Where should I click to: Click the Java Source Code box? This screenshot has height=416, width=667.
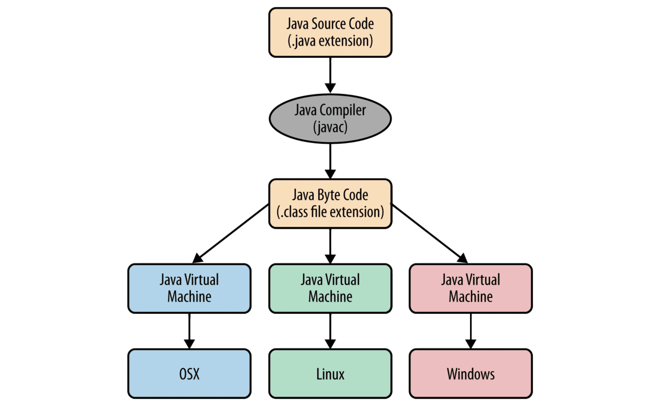click(330, 32)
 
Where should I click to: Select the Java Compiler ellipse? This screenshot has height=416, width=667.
click(330, 119)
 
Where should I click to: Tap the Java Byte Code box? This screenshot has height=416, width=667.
click(330, 203)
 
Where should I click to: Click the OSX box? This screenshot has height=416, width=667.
click(189, 374)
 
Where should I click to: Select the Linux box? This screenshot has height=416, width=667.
click(330, 374)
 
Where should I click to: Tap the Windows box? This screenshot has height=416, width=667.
click(471, 374)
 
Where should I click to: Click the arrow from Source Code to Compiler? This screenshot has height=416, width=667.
click(330, 74)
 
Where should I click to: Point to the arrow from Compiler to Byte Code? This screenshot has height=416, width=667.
click(330, 161)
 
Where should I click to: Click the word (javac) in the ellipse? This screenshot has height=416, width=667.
click(330, 127)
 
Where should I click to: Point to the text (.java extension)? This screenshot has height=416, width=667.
click(330, 41)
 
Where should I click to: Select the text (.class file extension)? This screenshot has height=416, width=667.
click(330, 212)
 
